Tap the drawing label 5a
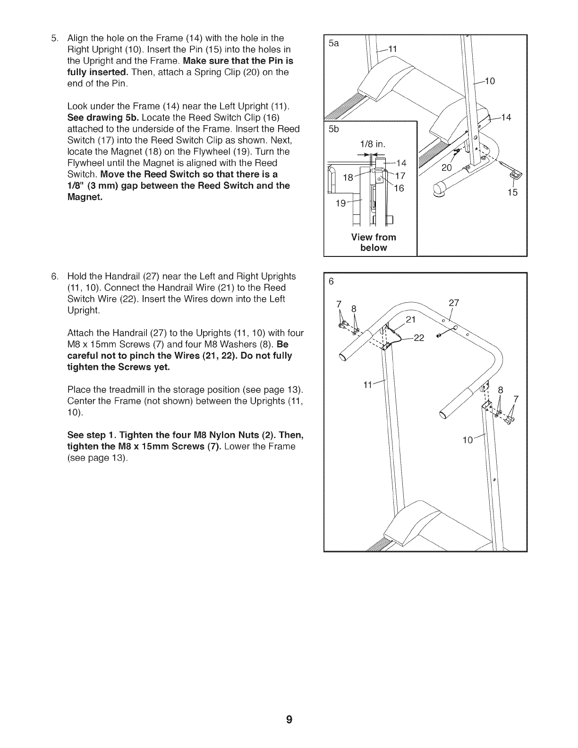click(x=334, y=43)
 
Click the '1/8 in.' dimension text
click(x=373, y=144)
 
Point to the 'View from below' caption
click(x=374, y=242)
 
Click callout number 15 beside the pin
click(x=512, y=192)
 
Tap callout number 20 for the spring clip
click(x=447, y=168)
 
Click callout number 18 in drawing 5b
click(x=348, y=178)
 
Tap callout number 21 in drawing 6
click(x=411, y=319)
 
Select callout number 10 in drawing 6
click(x=468, y=441)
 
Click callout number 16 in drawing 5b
click(x=399, y=187)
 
